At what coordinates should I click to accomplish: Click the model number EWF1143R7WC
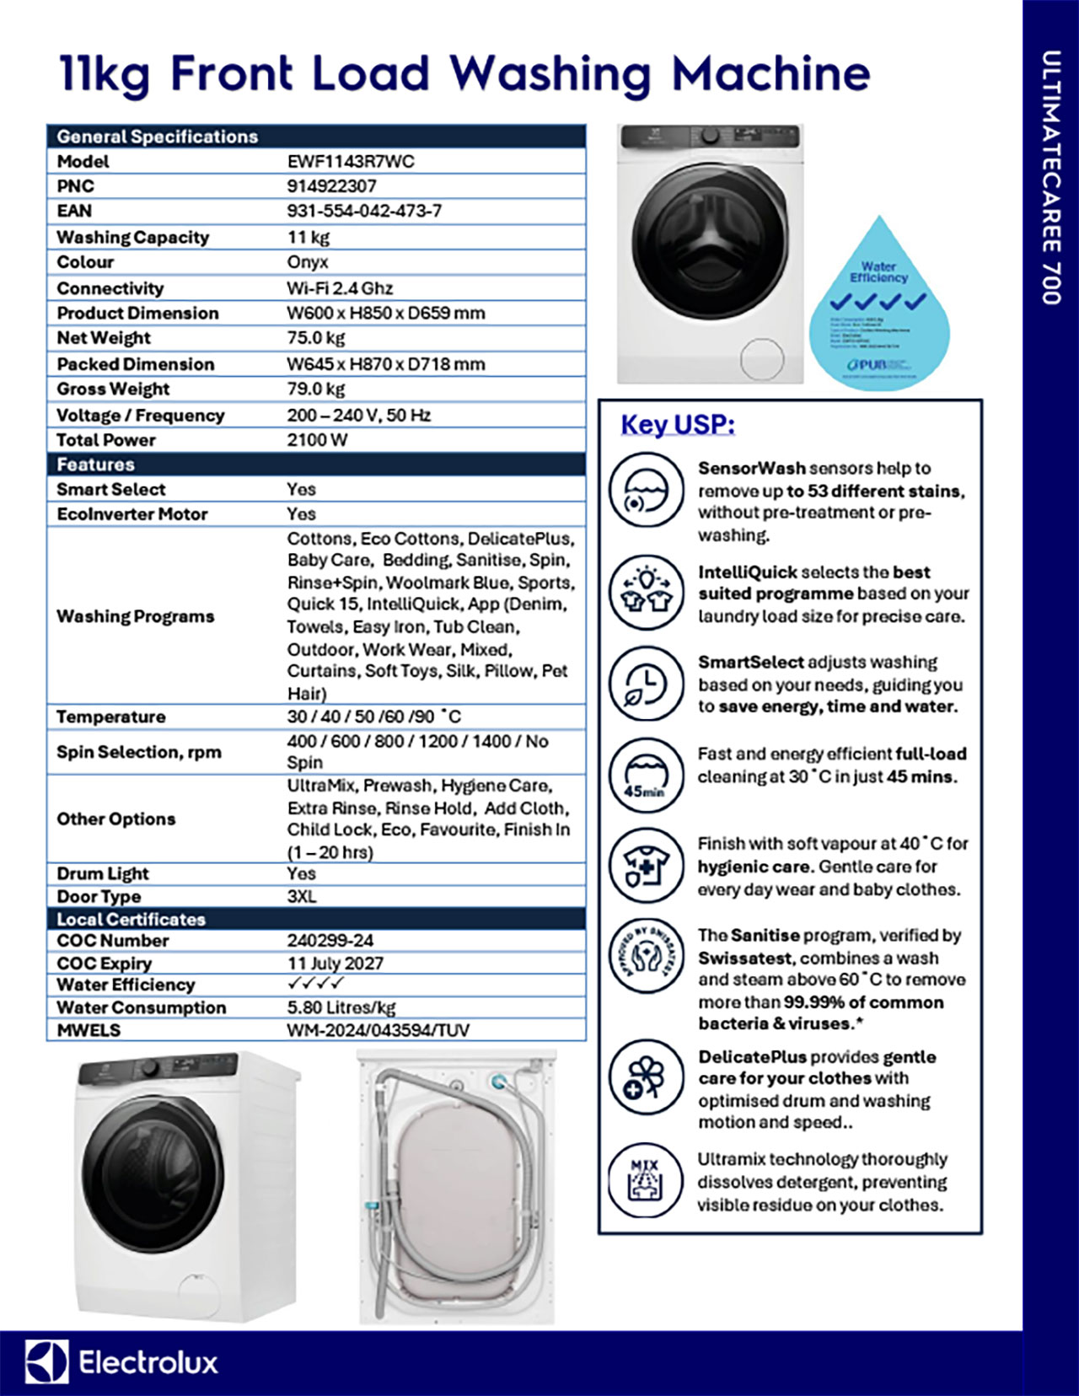coord(351,162)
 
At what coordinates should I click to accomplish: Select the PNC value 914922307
coord(331,186)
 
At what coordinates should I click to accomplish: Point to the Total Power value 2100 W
coord(317,440)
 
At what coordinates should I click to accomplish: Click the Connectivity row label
coord(110,288)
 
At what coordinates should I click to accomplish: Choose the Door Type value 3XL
coord(302,896)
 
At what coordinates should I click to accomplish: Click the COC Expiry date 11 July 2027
coord(335,963)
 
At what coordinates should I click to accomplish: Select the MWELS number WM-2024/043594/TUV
coord(378,1030)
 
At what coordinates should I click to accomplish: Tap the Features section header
coord(95,464)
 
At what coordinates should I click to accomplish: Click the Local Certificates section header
coord(131,919)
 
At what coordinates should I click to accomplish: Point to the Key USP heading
coord(678,425)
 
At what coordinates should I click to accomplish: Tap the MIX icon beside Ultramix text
coord(646,1181)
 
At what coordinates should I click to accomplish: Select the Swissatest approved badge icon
coord(646,956)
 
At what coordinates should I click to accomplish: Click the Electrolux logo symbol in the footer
coord(46,1361)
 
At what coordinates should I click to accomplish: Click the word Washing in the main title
coord(550,74)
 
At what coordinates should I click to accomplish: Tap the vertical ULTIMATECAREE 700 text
coord(1050,177)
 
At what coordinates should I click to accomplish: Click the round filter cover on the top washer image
coord(760,359)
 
